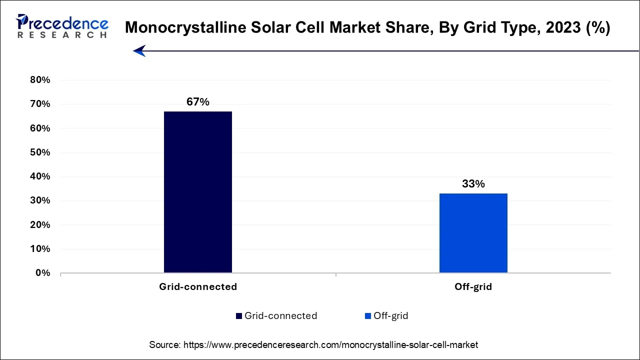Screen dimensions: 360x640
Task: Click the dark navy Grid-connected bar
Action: [x=198, y=192]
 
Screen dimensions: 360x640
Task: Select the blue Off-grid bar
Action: [x=473, y=233]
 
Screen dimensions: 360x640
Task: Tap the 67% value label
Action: [x=198, y=102]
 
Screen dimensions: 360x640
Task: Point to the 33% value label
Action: [x=473, y=184]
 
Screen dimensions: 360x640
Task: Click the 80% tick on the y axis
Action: [x=40, y=80]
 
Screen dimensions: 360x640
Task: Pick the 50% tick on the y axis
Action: [x=40, y=152]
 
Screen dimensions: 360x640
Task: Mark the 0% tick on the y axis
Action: [x=42, y=273]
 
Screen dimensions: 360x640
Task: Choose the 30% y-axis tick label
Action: [x=40, y=200]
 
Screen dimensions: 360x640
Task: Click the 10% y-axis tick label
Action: [x=40, y=249]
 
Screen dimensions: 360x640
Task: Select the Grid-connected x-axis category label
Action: [x=198, y=287]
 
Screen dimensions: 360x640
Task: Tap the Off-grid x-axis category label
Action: [x=473, y=287]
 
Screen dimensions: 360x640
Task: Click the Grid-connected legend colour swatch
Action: [x=239, y=316]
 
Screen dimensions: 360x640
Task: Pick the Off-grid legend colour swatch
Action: [x=368, y=316]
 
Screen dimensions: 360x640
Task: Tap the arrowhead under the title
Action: [x=139, y=50]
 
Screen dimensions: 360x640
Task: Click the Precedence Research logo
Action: [x=62, y=26]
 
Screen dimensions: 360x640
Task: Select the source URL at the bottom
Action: [x=330, y=345]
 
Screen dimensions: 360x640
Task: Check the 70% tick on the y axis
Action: [x=40, y=104]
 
